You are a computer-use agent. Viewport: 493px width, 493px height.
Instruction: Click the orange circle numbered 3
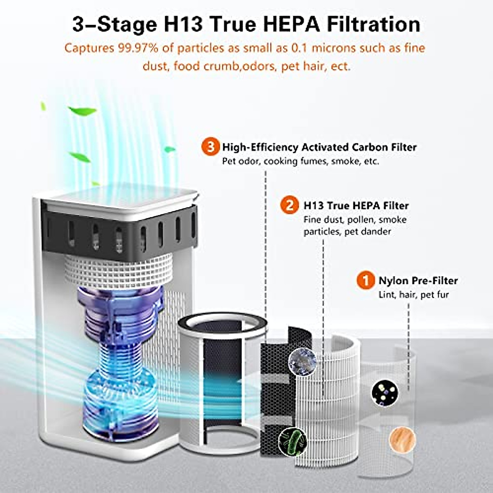pyautogui.click(x=210, y=147)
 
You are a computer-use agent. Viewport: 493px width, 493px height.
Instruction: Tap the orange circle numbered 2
pyautogui.click(x=290, y=205)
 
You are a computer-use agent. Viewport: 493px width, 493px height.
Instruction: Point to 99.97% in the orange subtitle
pyautogui.click(x=137, y=48)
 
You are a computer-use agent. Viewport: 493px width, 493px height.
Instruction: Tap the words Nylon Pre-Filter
pyautogui.click(x=418, y=281)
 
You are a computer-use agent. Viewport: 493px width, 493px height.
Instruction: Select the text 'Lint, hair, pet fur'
pyautogui.click(x=413, y=295)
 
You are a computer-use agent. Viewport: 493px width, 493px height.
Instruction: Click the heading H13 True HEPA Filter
pyautogui.click(x=356, y=205)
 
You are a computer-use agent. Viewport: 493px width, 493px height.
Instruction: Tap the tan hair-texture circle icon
pyautogui.click(x=402, y=439)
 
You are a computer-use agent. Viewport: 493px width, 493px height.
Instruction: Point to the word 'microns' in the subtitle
pyautogui.click(x=335, y=48)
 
